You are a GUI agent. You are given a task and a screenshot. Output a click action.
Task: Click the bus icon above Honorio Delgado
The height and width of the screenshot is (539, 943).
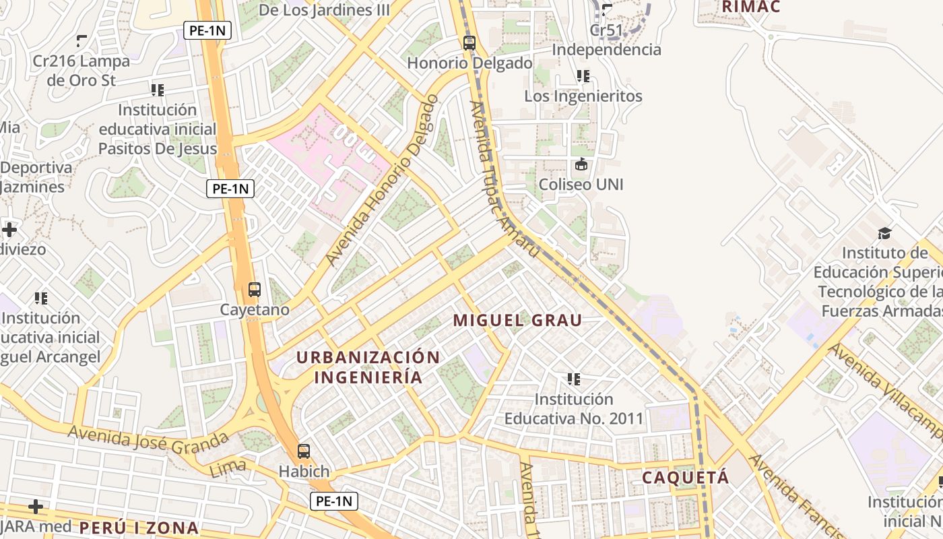(469, 43)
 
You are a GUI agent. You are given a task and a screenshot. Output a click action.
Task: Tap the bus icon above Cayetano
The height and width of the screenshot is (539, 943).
(255, 290)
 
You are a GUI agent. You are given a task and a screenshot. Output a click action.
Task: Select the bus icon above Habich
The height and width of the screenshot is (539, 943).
(304, 451)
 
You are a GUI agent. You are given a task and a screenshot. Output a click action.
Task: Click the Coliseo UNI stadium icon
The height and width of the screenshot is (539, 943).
(581, 164)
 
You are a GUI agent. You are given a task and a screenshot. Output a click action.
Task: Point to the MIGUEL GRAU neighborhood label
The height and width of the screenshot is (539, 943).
(517, 321)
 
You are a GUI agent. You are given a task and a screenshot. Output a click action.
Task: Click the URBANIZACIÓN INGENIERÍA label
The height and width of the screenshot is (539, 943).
(368, 367)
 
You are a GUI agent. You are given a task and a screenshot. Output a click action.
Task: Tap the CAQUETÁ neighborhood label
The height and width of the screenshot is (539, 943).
(685, 478)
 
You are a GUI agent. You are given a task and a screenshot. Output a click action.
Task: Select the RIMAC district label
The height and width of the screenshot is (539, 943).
(750, 7)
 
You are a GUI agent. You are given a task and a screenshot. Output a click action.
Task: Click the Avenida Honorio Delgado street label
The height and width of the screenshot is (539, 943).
(382, 179)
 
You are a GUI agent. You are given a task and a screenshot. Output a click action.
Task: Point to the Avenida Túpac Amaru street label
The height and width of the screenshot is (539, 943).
(504, 181)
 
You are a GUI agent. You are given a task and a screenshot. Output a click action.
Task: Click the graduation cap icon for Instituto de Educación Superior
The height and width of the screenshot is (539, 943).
(884, 233)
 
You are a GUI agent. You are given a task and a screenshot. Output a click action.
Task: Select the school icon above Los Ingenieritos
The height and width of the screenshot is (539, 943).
(583, 76)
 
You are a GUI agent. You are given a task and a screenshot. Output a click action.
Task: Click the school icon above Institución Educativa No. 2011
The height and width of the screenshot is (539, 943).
(574, 379)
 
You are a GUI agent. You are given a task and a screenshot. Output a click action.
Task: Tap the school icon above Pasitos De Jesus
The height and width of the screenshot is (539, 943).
(158, 90)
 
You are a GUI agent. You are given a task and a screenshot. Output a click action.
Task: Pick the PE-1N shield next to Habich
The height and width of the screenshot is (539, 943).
(334, 501)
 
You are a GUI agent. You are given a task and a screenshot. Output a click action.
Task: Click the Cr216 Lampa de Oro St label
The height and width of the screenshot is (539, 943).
(82, 70)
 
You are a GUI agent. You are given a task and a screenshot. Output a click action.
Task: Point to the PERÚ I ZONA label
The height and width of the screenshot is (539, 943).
(139, 528)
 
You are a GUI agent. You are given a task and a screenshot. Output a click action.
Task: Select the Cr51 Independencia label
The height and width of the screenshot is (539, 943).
(607, 40)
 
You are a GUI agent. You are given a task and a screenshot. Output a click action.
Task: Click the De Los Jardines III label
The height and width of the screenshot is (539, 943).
(315, 10)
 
